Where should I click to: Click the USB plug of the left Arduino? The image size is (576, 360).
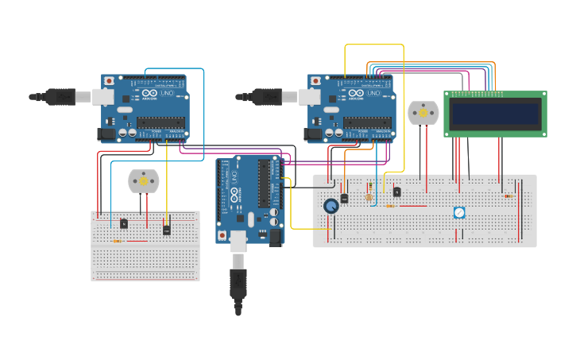(x=59, y=97)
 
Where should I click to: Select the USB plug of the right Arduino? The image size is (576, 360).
(x=265, y=97)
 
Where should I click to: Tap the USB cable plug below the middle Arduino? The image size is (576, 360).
(x=238, y=282)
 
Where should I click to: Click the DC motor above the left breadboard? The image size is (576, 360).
(x=144, y=181)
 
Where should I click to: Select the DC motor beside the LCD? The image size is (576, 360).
(x=423, y=113)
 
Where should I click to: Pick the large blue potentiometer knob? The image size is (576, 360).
(x=331, y=206)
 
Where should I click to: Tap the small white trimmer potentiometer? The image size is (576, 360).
(x=459, y=213)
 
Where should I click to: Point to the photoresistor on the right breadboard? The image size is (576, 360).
(x=368, y=196)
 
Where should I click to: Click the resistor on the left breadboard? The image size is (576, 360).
(x=118, y=241)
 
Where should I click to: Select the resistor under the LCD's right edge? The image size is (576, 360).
(x=508, y=195)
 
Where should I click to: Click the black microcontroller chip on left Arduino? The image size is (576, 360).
(x=161, y=122)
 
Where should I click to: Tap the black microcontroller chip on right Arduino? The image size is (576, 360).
(x=367, y=122)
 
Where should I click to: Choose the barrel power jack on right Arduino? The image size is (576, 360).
(x=313, y=134)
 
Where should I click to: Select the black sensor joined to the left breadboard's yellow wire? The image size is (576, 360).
(x=166, y=228)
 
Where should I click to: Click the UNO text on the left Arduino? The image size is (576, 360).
(x=167, y=94)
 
